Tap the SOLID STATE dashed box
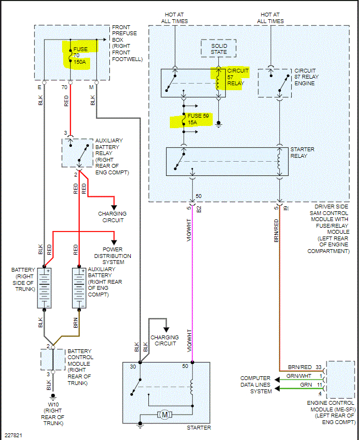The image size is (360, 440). coord(218,47)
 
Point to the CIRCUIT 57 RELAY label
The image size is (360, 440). coord(237,78)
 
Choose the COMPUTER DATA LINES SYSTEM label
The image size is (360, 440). coord(255,384)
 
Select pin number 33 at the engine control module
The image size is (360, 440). coord(318,367)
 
